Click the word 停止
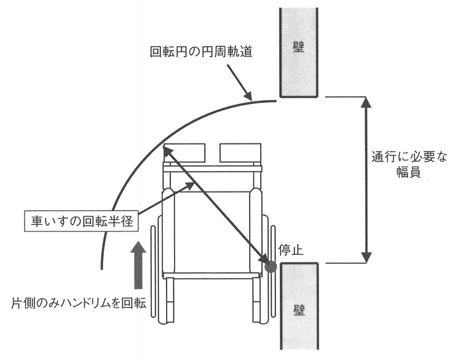290,250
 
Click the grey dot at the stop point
271,266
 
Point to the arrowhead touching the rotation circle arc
248,97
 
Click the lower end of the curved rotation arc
101,268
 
